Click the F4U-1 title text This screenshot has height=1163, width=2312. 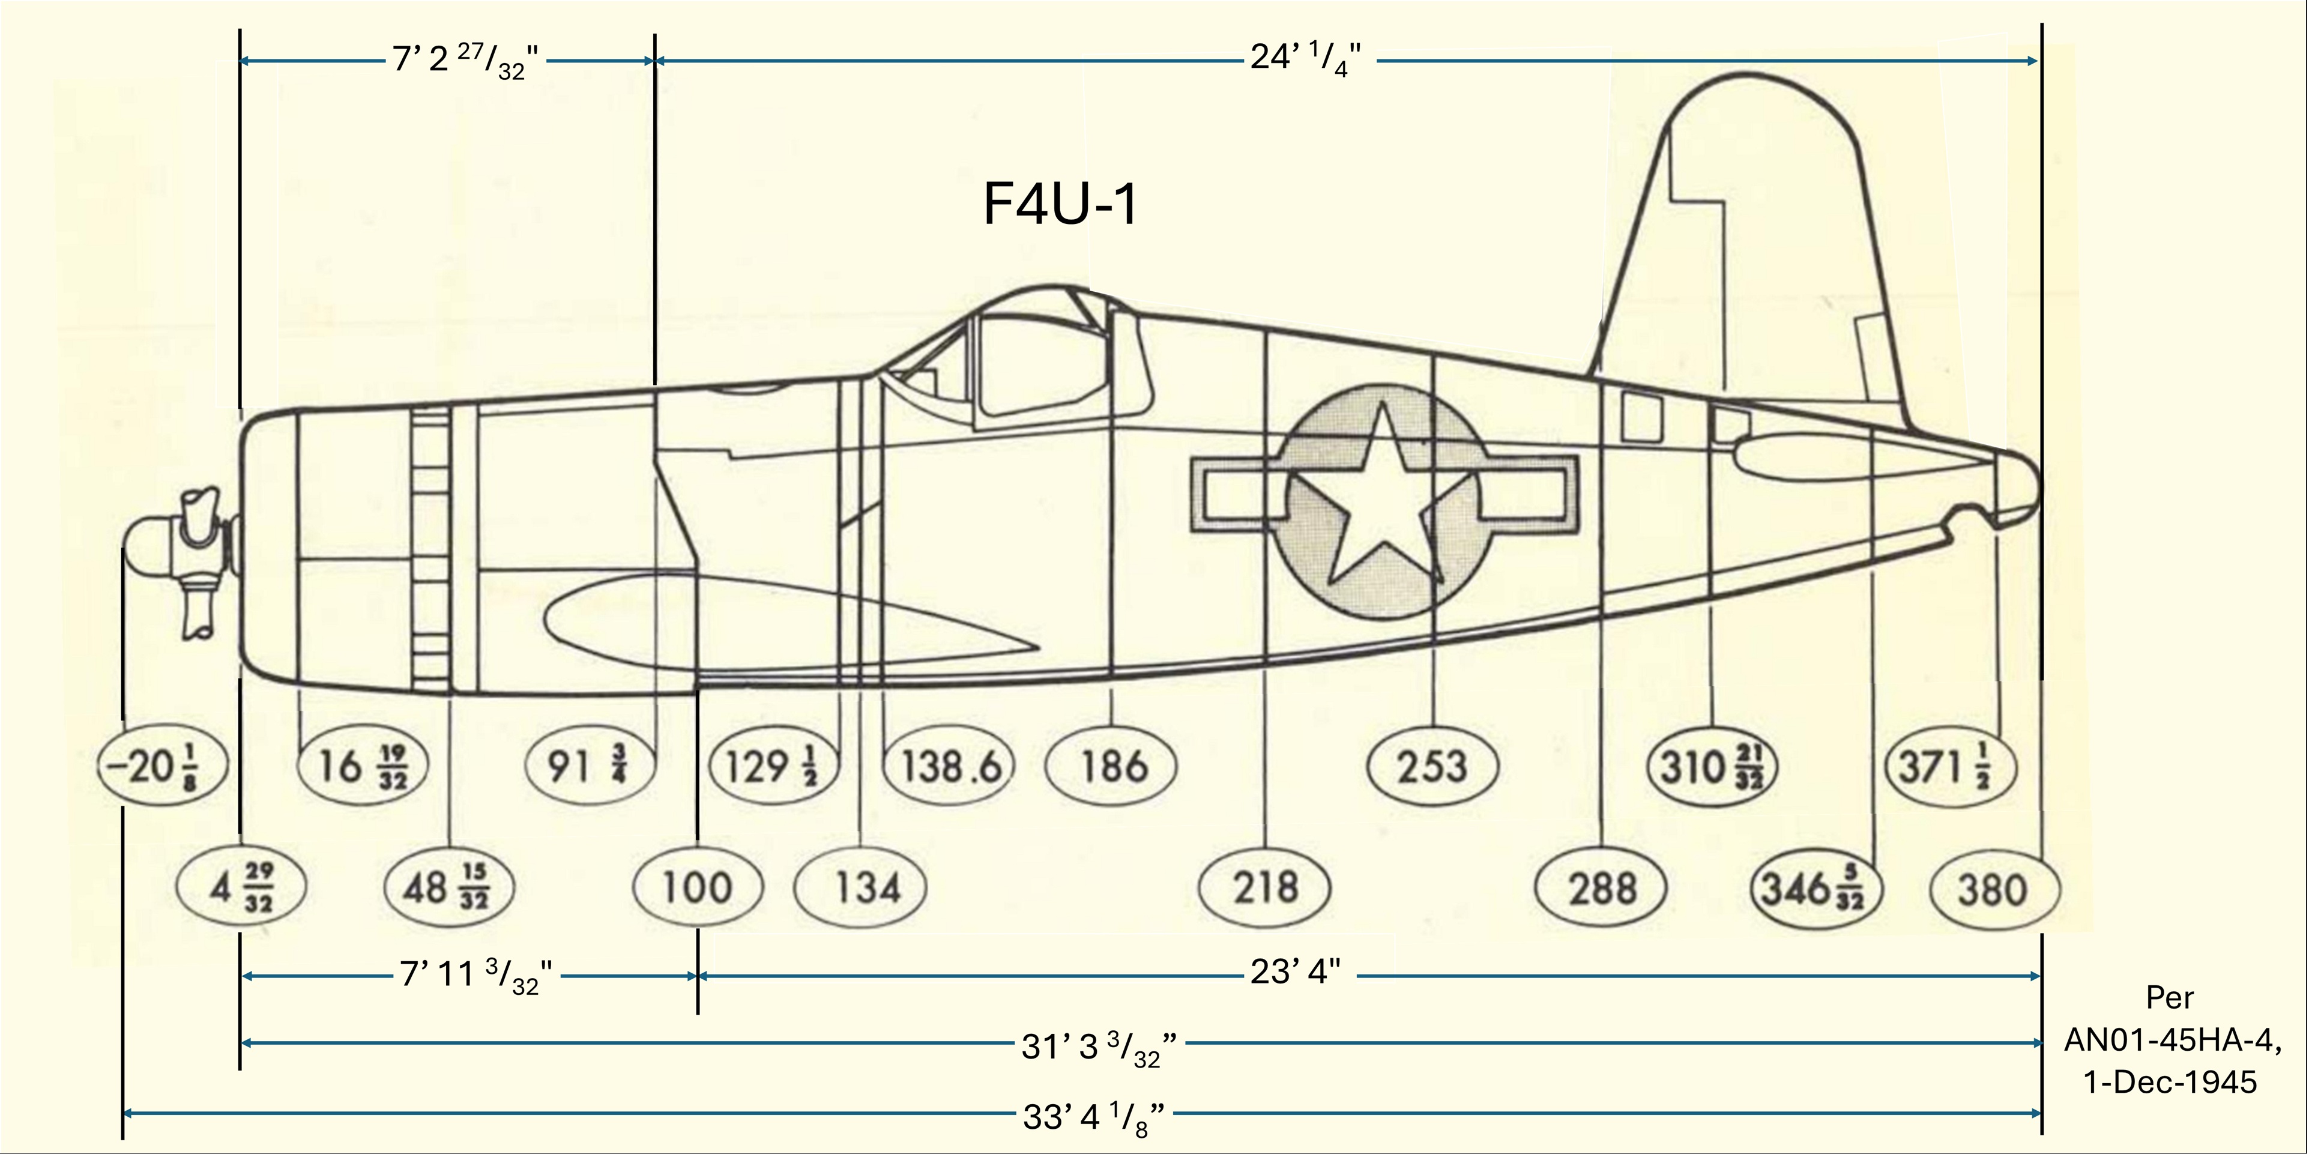1061,205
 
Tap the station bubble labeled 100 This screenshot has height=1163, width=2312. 698,887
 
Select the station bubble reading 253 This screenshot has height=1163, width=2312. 1431,766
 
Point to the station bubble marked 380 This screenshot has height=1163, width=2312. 1993,889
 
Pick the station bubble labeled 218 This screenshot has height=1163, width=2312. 1264,887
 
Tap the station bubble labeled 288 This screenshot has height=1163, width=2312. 1602,889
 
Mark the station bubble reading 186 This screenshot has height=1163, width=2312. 1112,766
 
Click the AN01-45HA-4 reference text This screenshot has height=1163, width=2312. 2170,1041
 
